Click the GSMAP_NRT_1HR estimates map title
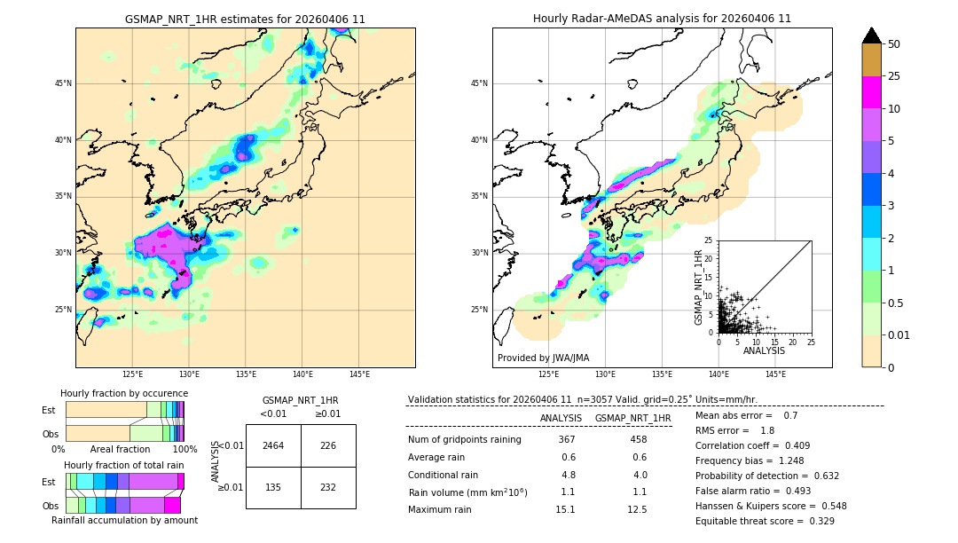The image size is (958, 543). [245, 19]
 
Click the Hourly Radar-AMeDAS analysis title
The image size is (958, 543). [662, 19]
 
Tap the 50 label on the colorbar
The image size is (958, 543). [894, 44]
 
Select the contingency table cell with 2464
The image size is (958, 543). [273, 445]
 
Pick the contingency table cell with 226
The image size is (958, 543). [328, 445]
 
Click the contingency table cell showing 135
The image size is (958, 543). [273, 487]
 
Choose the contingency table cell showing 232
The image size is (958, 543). [328, 487]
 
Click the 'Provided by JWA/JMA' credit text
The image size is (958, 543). [543, 358]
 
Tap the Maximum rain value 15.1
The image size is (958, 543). [566, 509]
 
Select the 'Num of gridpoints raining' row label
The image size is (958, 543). [465, 440]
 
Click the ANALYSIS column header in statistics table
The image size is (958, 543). [561, 418]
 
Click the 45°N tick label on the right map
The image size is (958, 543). [479, 83]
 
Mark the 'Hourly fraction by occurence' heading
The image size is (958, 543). [124, 393]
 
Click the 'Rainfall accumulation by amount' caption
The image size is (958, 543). [124, 520]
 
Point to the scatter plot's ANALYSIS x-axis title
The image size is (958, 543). [764, 350]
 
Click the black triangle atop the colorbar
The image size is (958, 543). [872, 35]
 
